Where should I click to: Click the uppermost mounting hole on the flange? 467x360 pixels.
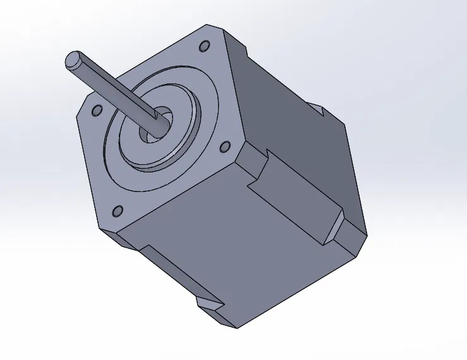[x=204, y=47]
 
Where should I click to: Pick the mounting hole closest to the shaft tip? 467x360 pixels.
[x=96, y=111]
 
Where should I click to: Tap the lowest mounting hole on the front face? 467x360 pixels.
[x=117, y=210]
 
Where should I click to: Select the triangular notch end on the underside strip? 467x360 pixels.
[x=212, y=306]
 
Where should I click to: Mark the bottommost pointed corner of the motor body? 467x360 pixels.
[x=238, y=327]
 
